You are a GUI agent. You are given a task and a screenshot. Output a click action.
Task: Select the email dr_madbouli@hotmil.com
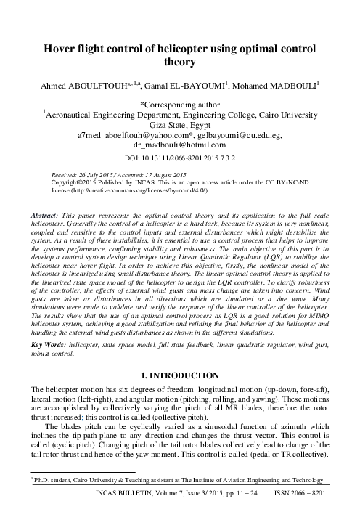[x=179, y=145]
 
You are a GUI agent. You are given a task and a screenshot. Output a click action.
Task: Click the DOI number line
[x=179, y=157]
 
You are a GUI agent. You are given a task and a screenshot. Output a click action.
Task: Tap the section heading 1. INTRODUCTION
[x=179, y=375]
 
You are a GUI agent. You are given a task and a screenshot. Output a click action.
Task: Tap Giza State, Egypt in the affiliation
[x=179, y=124]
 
